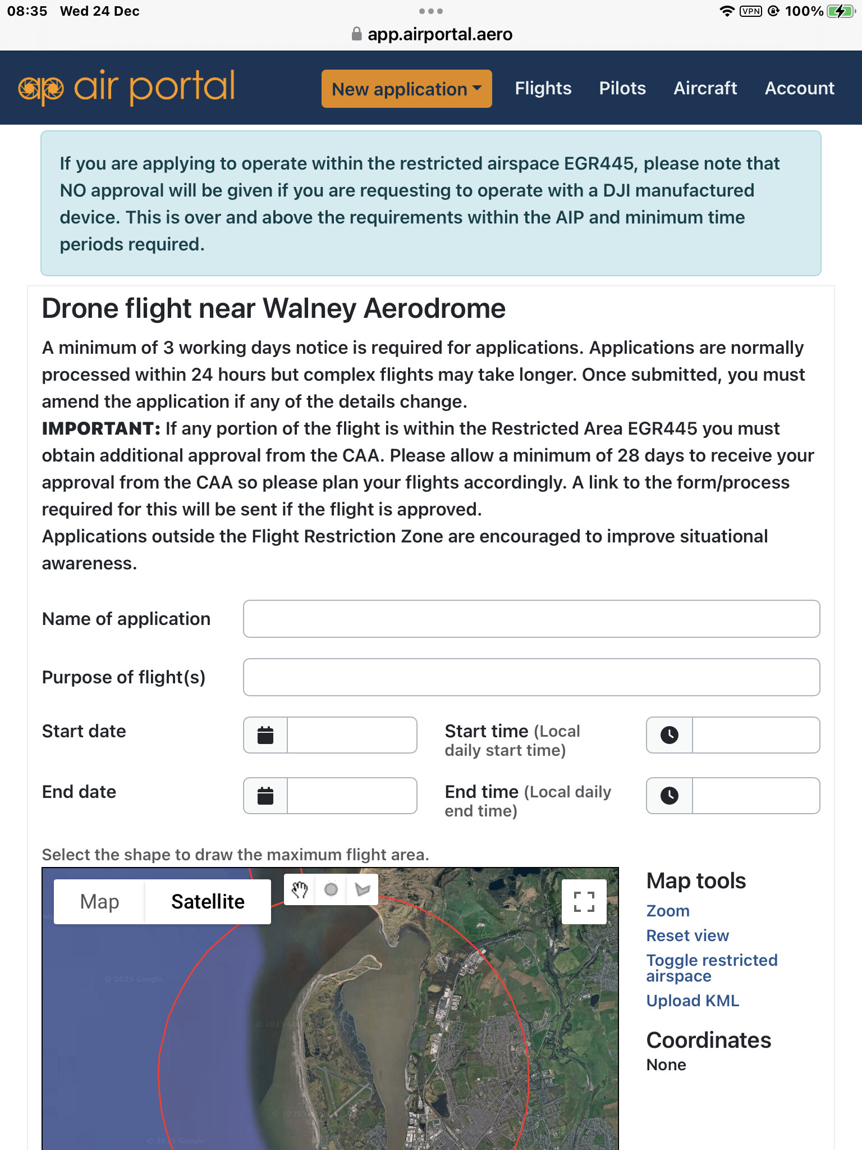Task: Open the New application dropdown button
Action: click(x=406, y=89)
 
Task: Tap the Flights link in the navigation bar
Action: click(x=543, y=88)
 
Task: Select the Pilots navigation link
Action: click(x=622, y=88)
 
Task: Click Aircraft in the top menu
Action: click(x=705, y=88)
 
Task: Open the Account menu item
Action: click(x=799, y=88)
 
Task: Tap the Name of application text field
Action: click(x=531, y=619)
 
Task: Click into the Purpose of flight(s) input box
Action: click(x=531, y=677)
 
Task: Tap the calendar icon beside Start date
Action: click(x=265, y=735)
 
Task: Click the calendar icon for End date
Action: click(x=265, y=796)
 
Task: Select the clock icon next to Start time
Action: click(x=670, y=735)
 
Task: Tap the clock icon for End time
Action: click(x=670, y=796)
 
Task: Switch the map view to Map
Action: click(x=99, y=902)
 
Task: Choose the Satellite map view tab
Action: click(x=208, y=902)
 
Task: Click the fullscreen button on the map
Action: click(x=584, y=902)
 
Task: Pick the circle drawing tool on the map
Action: click(x=331, y=889)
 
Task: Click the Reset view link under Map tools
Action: click(x=687, y=935)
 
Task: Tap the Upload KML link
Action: click(x=693, y=1001)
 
